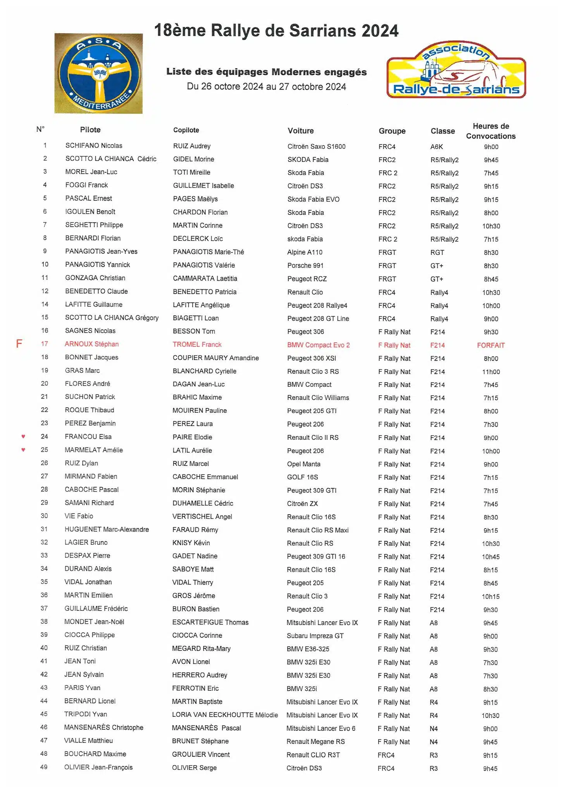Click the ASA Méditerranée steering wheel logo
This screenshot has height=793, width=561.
point(98,74)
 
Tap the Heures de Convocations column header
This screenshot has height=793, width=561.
point(490,131)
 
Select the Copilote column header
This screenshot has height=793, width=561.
point(186,130)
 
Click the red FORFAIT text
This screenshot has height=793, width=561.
point(490,345)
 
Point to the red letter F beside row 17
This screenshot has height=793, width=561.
point(19,344)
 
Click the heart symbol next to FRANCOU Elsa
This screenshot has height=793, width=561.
point(23,436)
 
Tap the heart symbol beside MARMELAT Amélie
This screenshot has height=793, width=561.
point(23,450)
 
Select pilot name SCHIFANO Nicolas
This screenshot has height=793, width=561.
point(94,146)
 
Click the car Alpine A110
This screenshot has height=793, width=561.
point(305,252)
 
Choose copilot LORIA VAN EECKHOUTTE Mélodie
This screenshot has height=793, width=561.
point(225,715)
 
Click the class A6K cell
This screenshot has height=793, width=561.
point(436,147)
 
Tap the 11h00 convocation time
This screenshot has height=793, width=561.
point(490,372)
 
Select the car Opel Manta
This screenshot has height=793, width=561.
point(303,464)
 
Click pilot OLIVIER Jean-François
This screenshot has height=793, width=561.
point(98,767)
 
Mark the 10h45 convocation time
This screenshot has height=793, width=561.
point(490,557)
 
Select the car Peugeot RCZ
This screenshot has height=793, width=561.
point(307,279)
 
